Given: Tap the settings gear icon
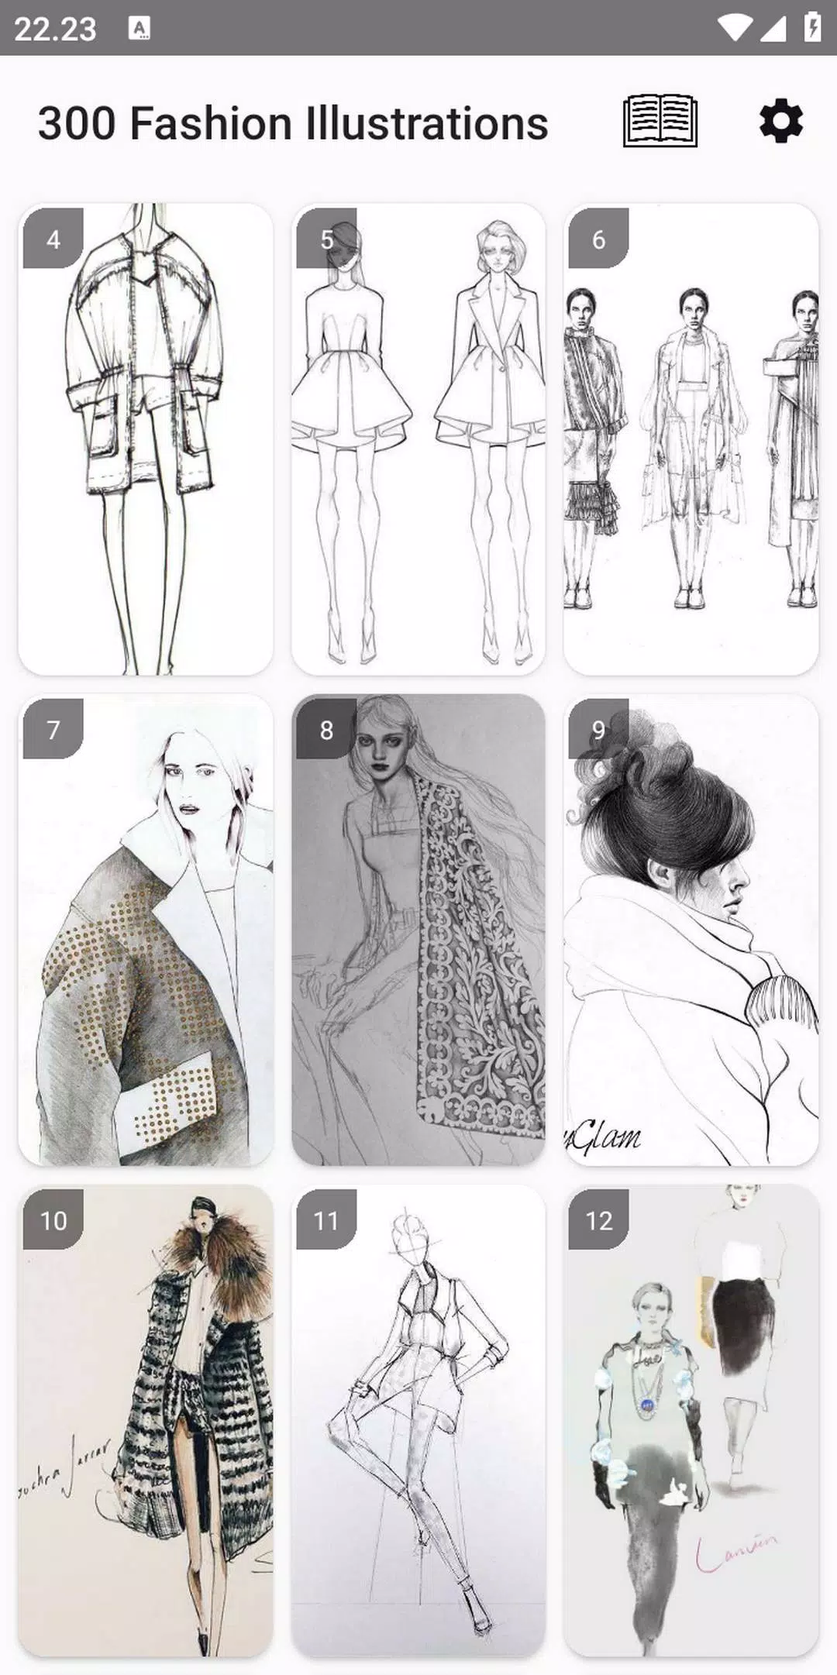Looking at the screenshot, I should [x=780, y=122].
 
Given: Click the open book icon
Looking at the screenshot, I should [x=660, y=122].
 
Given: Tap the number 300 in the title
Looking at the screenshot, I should [x=77, y=124].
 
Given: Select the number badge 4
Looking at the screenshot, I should [x=53, y=239].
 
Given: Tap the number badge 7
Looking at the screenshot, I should [x=53, y=729].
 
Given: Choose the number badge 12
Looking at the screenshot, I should [x=598, y=1220].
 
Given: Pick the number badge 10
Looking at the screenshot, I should [x=53, y=1220].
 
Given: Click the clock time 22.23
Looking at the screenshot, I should [x=55, y=29].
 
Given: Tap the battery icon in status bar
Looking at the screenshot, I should [x=811, y=28].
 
